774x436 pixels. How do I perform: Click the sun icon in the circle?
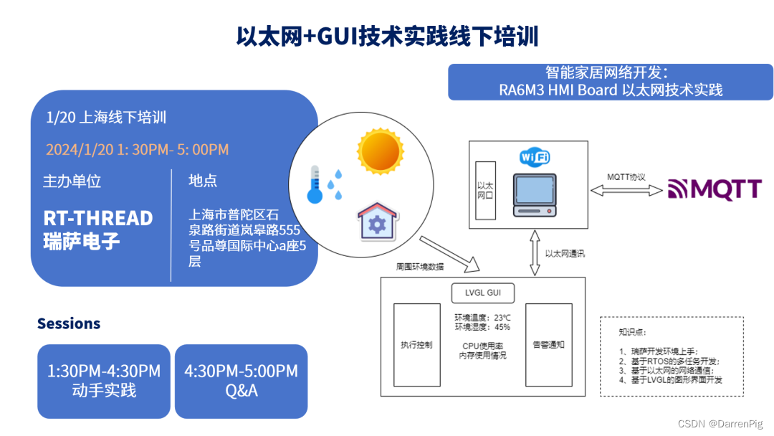(x=380, y=148)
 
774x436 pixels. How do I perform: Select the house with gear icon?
(x=376, y=220)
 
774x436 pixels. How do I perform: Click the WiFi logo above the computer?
(x=535, y=157)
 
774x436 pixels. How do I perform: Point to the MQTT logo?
(x=715, y=189)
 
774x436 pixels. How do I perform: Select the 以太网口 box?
(x=485, y=190)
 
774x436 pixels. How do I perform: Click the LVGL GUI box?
(x=484, y=293)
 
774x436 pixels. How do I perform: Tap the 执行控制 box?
(x=416, y=345)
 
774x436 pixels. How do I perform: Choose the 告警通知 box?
(x=549, y=345)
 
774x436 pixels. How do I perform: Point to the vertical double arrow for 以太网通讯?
(x=534, y=252)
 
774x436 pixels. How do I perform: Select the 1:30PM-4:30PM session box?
(x=104, y=381)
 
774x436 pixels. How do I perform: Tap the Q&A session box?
(x=241, y=381)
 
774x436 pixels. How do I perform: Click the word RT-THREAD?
(x=98, y=218)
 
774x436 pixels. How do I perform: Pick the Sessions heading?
(x=69, y=323)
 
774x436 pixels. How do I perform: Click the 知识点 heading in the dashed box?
(x=631, y=332)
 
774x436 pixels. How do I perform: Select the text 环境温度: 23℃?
(x=482, y=318)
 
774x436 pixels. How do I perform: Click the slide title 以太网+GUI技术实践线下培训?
(x=387, y=36)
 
